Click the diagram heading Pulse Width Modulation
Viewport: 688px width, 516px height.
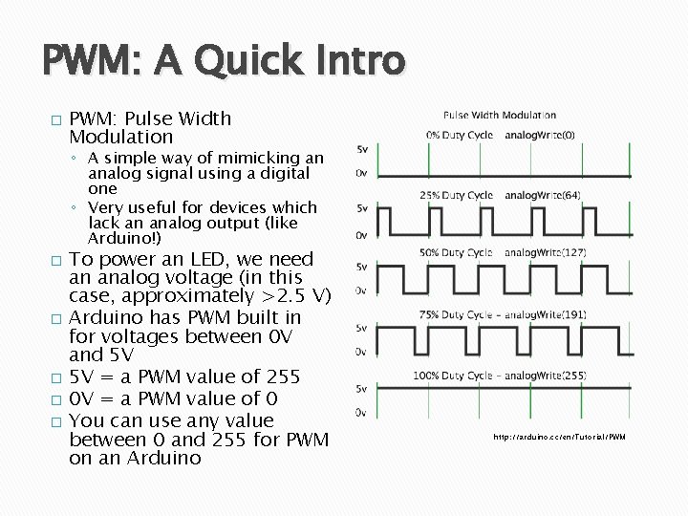point(500,116)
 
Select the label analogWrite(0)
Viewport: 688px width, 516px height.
point(540,135)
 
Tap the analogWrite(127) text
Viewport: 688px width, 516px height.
point(545,252)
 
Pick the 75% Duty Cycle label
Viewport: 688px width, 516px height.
point(454,313)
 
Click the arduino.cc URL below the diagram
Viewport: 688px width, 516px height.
point(559,437)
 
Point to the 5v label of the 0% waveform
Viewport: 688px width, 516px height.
point(362,150)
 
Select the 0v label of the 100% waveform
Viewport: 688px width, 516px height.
point(361,413)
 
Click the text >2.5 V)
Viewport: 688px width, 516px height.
point(297,296)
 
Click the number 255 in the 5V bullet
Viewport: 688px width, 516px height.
point(281,376)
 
